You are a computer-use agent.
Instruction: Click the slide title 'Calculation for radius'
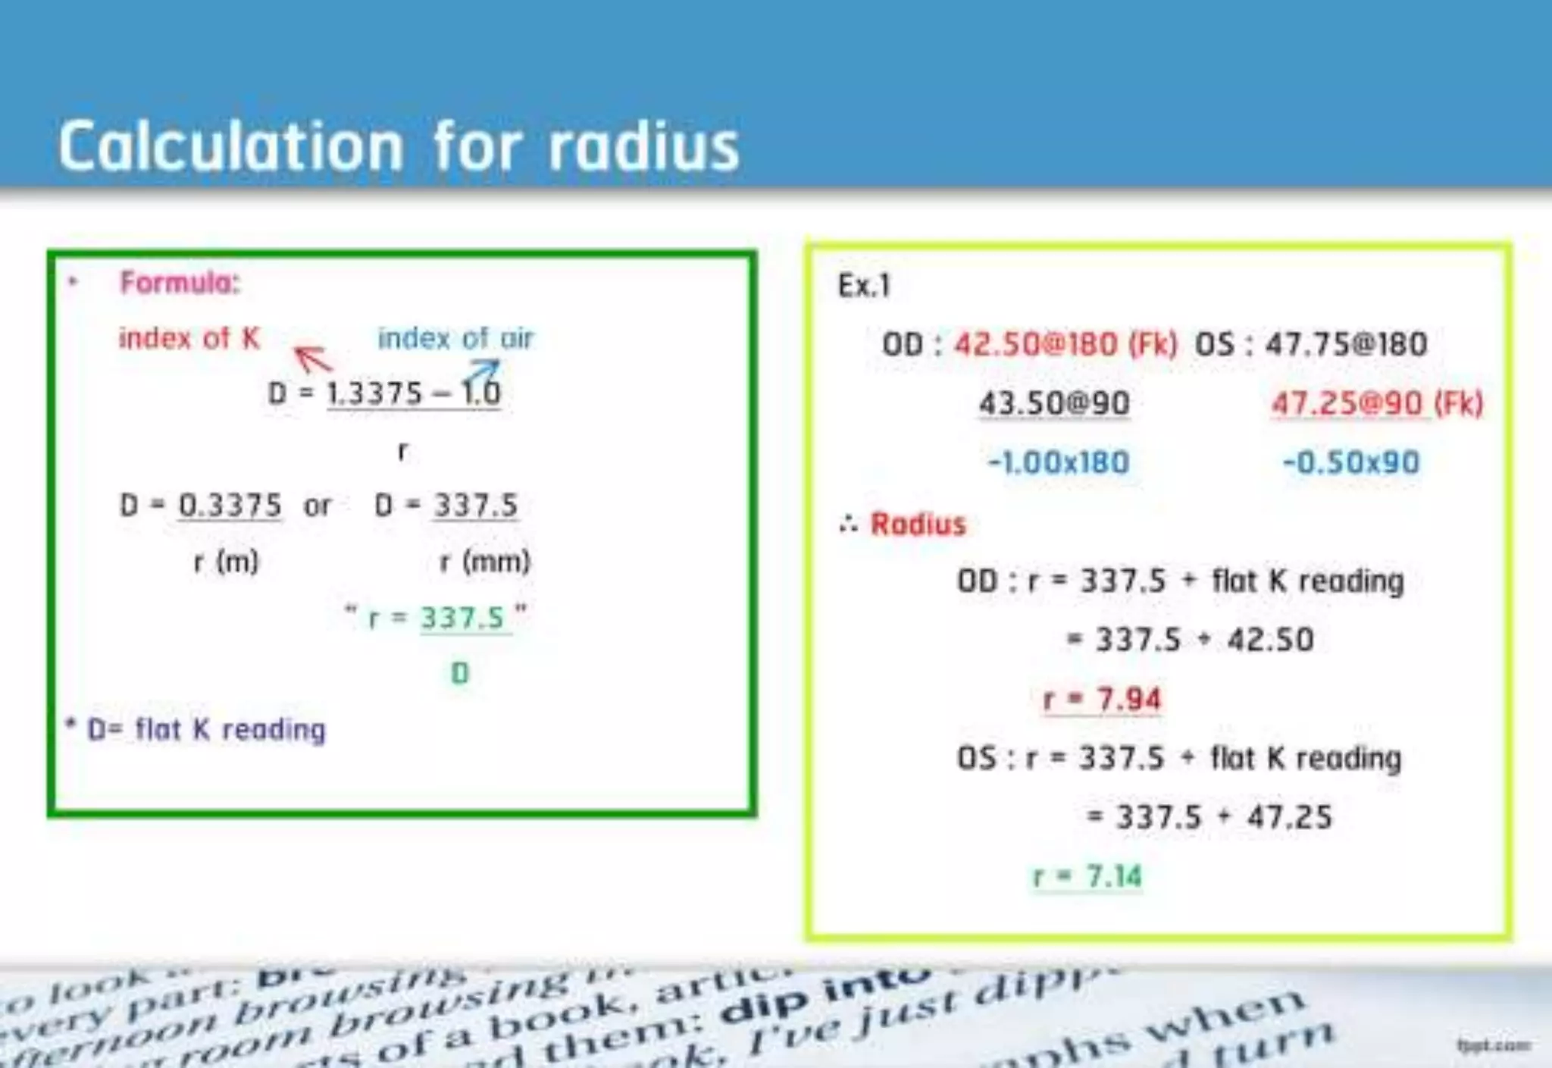[399, 146]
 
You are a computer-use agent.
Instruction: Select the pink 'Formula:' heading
[180, 283]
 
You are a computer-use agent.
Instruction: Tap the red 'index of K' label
[189, 338]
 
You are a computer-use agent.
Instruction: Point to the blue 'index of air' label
[455, 338]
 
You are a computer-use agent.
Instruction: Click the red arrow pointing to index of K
[312, 358]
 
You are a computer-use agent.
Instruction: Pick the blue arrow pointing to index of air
[482, 371]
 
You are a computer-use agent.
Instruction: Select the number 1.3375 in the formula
[374, 393]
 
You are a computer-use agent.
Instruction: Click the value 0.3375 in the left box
[230, 505]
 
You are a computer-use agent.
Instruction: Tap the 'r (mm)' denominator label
[485, 562]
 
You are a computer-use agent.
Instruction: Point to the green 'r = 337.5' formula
[436, 618]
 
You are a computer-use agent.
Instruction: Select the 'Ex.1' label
[864, 286]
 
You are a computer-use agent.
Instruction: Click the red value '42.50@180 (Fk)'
[1065, 344]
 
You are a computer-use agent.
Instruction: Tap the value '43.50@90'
[1054, 402]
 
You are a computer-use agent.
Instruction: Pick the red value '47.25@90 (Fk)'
[1377, 402]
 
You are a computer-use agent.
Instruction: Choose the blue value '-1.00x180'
[1059, 462]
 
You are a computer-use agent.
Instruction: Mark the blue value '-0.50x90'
[1350, 462]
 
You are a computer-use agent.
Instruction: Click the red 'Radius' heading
[918, 524]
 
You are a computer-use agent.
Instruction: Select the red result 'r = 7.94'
[1102, 699]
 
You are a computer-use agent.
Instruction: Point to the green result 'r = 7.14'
[1087, 876]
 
